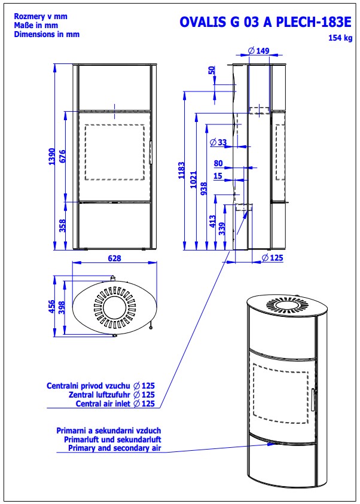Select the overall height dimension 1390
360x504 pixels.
click(x=53, y=157)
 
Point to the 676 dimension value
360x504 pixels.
click(x=63, y=157)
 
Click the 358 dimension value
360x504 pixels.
click(x=63, y=225)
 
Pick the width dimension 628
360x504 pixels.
click(x=114, y=259)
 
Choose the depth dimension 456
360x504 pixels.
click(x=51, y=306)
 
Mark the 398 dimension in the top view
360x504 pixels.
click(x=61, y=306)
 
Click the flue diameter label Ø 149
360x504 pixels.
click(x=258, y=51)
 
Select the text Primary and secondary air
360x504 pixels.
click(x=115, y=447)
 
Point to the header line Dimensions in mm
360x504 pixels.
click(x=47, y=35)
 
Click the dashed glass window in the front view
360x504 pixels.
click(x=114, y=152)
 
